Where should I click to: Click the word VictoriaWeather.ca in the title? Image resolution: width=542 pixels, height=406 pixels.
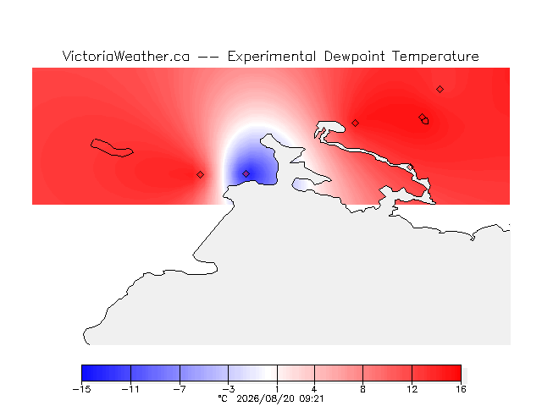coord(126,57)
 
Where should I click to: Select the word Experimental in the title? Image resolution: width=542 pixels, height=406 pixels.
coord(272,57)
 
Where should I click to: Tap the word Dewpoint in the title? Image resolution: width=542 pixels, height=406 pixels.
coord(354,57)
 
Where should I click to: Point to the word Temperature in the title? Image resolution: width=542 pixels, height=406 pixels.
coord(435,57)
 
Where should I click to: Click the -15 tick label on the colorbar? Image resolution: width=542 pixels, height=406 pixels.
coord(81,389)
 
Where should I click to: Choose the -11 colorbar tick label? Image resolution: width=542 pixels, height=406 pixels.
coord(130,389)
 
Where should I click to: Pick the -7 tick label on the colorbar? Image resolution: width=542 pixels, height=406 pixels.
coord(180,389)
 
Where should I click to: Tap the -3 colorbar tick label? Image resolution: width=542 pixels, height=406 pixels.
coord(228,389)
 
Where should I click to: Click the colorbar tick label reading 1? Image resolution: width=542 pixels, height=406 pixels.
coord(277,389)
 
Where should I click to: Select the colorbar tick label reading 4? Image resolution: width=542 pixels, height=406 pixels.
coord(314,389)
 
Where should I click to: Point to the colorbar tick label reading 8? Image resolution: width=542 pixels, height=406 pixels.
coord(362,389)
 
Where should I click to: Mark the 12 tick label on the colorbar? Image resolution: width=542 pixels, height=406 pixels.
coord(412,389)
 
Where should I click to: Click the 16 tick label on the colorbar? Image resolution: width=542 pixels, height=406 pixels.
coord(461,389)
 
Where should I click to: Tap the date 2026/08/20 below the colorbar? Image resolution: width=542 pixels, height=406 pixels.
coord(265,398)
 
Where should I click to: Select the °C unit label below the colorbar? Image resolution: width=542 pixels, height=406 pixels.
coord(223,398)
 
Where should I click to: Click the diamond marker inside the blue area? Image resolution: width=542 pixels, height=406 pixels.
coord(246,173)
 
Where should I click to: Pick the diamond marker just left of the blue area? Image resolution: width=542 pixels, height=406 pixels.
coord(200,175)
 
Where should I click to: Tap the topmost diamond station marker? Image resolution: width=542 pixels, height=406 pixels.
coord(440,90)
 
